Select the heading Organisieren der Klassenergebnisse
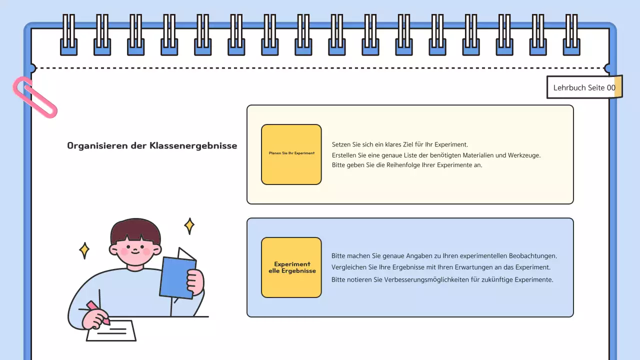click(152, 146)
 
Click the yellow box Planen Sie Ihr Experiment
click(291, 154)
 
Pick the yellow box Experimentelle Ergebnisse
click(291, 267)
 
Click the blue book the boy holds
click(177, 277)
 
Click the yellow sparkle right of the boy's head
click(189, 225)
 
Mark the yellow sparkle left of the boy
click(84, 250)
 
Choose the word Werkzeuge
click(524, 155)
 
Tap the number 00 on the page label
click(611, 87)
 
